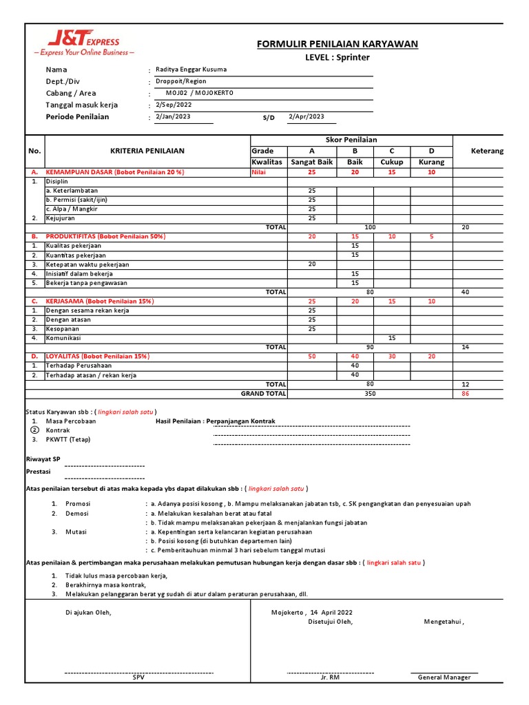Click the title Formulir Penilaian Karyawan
click(x=337, y=45)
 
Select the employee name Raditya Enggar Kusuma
click(x=191, y=70)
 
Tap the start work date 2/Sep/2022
click(x=174, y=105)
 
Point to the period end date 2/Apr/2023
click(x=307, y=116)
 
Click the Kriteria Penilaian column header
click(x=147, y=151)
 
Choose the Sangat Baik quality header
click(x=312, y=162)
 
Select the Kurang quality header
click(x=431, y=162)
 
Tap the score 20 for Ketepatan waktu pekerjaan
click(x=312, y=264)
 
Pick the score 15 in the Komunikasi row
click(x=392, y=338)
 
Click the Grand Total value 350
click(x=369, y=394)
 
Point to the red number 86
click(x=465, y=394)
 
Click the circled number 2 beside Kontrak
click(x=34, y=430)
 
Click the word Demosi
click(x=78, y=513)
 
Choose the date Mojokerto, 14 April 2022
click(x=312, y=611)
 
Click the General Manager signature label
click(x=444, y=677)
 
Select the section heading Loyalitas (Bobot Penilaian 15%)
click(x=96, y=357)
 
